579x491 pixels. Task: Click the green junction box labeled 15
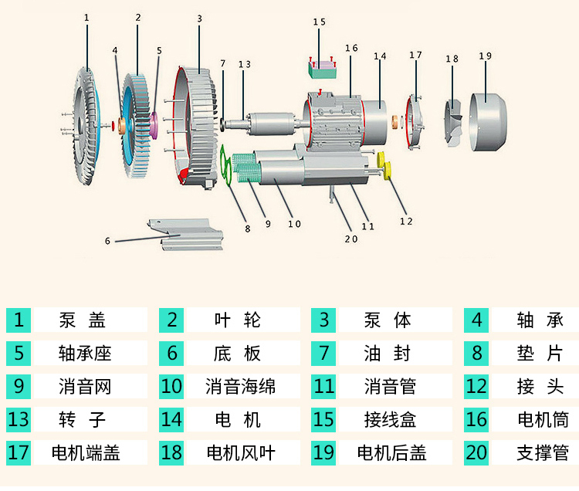tap(323, 69)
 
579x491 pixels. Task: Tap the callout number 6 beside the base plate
tap(107, 241)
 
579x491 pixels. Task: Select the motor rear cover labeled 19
tap(488, 122)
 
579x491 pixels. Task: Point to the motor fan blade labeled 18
tap(453, 123)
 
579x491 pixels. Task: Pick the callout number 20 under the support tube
tap(351, 239)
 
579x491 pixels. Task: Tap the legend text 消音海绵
tap(240, 387)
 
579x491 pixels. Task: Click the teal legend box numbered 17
tap(19, 452)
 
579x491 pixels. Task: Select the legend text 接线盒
tap(390, 420)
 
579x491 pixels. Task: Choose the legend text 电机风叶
tap(241, 453)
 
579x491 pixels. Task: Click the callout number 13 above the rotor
tap(245, 65)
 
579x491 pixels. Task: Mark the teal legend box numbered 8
tap(476, 354)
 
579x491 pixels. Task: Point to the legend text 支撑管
tap(543, 453)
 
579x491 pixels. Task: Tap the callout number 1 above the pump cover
tap(86, 18)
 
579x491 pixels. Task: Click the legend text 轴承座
tap(85, 354)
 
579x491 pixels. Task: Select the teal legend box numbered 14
tap(171, 420)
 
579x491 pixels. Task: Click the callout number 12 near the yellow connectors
tap(406, 222)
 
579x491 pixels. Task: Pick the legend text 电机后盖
tap(391, 453)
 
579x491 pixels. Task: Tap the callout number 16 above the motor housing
tap(351, 48)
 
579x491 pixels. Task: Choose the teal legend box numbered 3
tap(323, 320)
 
